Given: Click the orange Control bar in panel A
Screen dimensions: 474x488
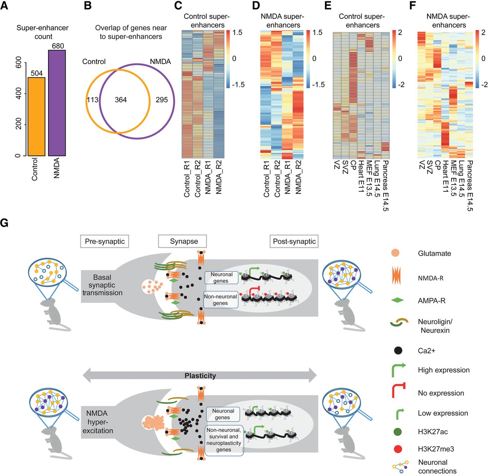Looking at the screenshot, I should point(37,116).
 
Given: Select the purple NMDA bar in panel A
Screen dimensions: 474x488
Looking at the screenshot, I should point(57,103).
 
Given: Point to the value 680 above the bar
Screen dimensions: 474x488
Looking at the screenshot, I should point(58,46).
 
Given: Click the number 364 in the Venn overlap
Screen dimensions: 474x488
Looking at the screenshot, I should point(120,100).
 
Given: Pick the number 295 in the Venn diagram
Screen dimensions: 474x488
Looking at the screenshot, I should point(162,100).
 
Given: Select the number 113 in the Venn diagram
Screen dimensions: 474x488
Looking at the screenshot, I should point(93,100).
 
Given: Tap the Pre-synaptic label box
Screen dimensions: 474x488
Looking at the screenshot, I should point(104,242).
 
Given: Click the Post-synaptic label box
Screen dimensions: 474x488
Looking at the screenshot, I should point(294,242).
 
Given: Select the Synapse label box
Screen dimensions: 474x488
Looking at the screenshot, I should point(184,242).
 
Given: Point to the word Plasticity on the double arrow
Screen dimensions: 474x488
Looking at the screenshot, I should point(200,376).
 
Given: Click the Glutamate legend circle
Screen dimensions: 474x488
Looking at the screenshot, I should point(395,253).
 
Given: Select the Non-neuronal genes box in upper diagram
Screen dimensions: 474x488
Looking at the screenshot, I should point(220,300).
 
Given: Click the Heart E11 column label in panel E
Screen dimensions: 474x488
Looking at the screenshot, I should point(361,176).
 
